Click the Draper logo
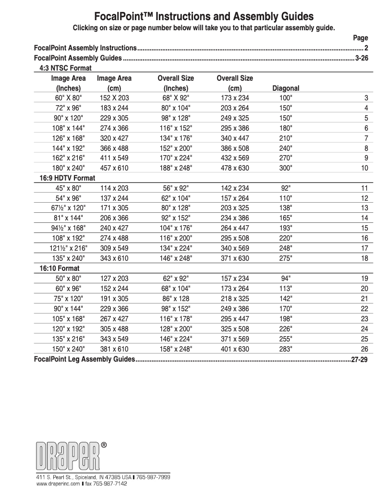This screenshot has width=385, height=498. [x=70, y=454]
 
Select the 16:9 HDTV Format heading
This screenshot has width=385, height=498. [x=67, y=178]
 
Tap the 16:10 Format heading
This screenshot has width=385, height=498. [x=60, y=268]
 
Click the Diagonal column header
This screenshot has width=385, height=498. [x=286, y=88]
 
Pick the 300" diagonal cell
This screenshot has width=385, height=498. [x=286, y=168]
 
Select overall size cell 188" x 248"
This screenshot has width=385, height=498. [x=176, y=168]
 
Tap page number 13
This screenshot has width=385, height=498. [x=364, y=208]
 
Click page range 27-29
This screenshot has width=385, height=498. [x=360, y=359]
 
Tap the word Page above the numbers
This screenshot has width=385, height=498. [x=360, y=38]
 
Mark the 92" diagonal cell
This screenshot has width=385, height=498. [x=286, y=188]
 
